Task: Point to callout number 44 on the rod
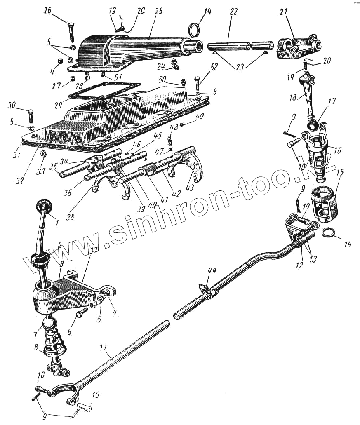[x=212, y=270]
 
